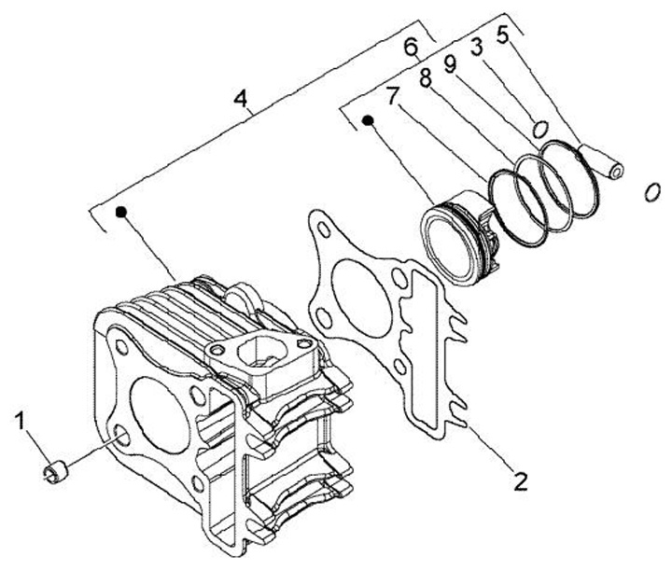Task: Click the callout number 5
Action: point(504,35)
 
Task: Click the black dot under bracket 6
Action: point(369,120)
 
